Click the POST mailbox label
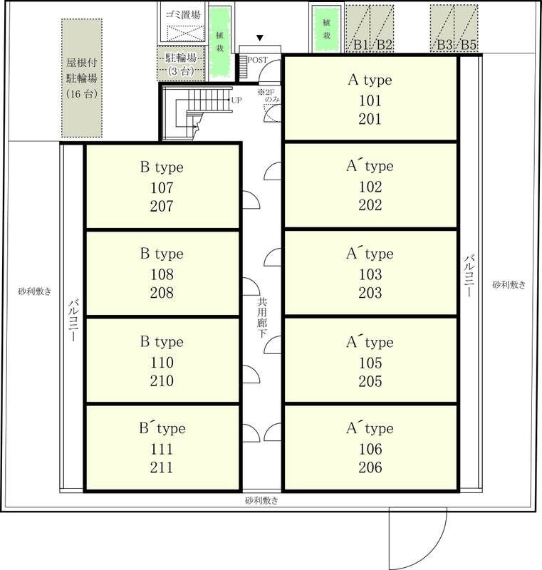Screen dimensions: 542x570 [257, 60]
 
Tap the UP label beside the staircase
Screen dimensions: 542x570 [236, 100]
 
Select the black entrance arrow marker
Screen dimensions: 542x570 [259, 38]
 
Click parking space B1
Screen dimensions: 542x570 [358, 28]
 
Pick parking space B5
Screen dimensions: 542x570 [467, 28]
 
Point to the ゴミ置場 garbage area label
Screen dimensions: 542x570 [183, 15]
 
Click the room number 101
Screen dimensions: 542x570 [370, 100]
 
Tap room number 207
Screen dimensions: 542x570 [162, 206]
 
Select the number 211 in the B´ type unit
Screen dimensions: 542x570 [162, 467]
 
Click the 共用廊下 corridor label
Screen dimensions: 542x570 [262, 318]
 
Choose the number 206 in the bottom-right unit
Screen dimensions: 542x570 [370, 467]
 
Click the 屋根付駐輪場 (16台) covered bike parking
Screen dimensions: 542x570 [82, 78]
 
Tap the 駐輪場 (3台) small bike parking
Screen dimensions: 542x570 [181, 64]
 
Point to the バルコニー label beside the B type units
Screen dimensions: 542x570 [73, 320]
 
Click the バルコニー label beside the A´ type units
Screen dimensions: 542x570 [469, 276]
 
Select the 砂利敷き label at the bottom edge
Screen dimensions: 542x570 [262, 501]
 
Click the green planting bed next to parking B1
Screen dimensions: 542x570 [327, 29]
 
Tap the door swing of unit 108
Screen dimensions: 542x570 [251, 286]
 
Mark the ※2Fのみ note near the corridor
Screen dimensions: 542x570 [269, 95]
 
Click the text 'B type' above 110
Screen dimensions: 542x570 [162, 342]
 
